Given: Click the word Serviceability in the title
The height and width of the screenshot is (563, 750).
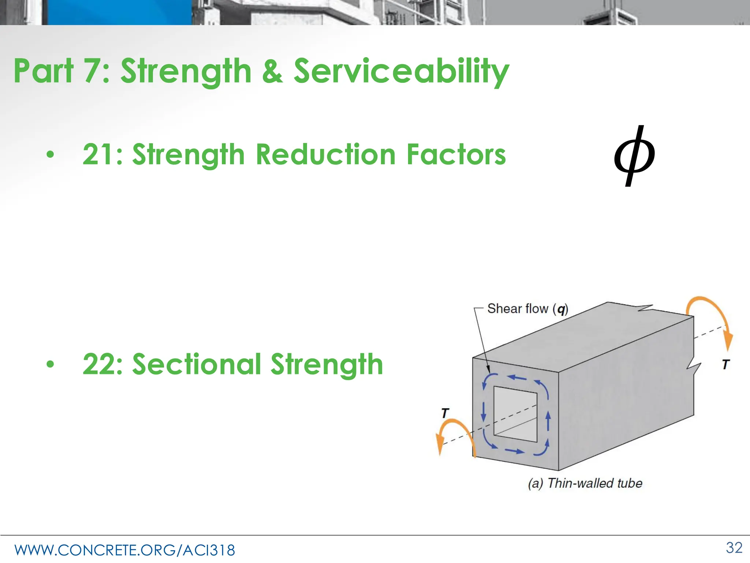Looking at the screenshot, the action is click(x=401, y=71).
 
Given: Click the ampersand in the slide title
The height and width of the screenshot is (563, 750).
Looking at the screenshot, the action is click(x=272, y=70).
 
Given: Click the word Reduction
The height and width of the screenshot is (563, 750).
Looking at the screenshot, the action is click(x=326, y=154).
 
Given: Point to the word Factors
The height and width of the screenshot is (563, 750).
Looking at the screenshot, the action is click(x=456, y=154).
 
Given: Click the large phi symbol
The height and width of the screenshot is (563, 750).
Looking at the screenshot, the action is click(x=634, y=156).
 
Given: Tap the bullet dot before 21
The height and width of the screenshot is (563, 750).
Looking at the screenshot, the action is click(x=50, y=155).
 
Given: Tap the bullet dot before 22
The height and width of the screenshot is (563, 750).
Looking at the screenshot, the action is click(x=50, y=364).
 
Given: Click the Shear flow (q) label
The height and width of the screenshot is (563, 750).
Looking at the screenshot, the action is click(x=527, y=309).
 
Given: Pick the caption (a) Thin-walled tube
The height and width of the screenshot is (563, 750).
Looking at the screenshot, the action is click(x=585, y=483).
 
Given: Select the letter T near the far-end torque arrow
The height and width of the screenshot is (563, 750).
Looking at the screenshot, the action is click(x=726, y=364).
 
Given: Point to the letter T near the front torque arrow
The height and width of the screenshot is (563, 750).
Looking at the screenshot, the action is click(x=445, y=413).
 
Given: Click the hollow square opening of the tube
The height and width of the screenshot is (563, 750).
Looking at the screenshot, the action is click(x=516, y=414).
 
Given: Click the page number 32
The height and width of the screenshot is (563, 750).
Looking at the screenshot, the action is click(x=734, y=548).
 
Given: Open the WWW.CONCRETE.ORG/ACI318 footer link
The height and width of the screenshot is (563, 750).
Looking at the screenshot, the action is click(x=125, y=550).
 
